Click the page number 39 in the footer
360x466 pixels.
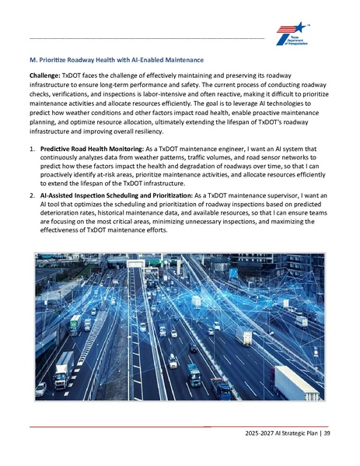point(327,433)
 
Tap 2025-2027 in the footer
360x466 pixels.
point(258,433)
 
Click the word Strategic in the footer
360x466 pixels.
point(296,433)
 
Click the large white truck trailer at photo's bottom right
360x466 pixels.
point(295,381)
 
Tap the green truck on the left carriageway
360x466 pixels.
point(75,325)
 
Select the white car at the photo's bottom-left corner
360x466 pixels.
point(40,387)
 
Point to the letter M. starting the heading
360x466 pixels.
point(31,59)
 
